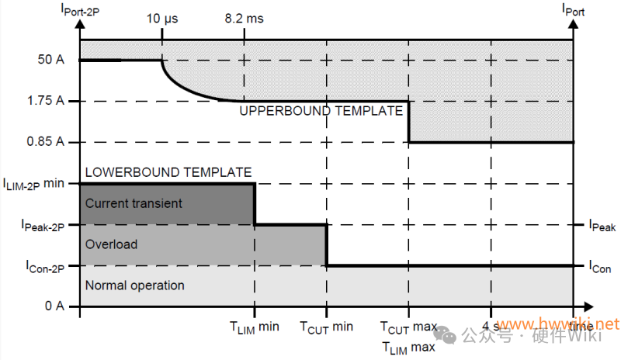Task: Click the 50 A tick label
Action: pyautogui.click(x=51, y=60)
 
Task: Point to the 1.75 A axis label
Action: pyautogui.click(x=48, y=101)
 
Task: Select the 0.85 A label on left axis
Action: pyautogui.click(x=48, y=142)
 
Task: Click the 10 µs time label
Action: pyautogui.click(x=162, y=18)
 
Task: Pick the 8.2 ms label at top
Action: pyautogui.click(x=244, y=18)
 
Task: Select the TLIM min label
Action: pyautogui.click(x=255, y=327)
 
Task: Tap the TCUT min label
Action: pyautogui.click(x=327, y=327)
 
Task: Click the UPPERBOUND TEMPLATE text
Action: pyautogui.click(x=320, y=111)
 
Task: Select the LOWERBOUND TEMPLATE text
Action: pyautogui.click(x=168, y=172)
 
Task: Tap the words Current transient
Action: pyautogui.click(x=134, y=203)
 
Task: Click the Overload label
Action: pyautogui.click(x=111, y=244)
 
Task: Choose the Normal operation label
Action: pyautogui.click(x=135, y=286)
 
